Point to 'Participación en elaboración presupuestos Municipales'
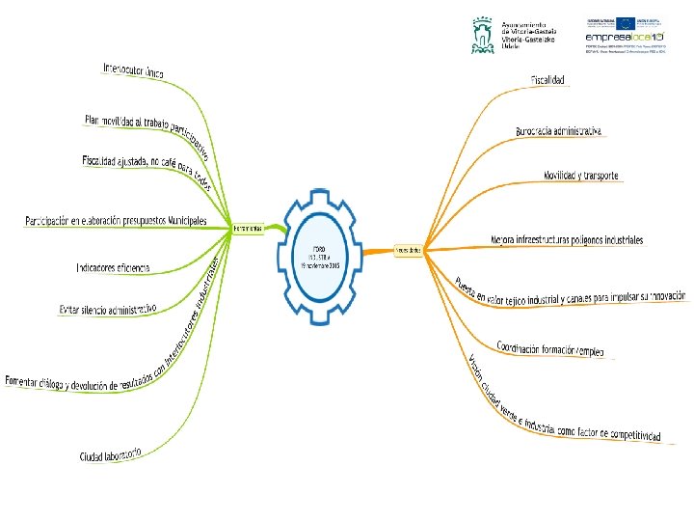tap(116, 221)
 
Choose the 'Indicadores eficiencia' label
tap(113, 266)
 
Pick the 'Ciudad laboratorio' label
tap(111, 453)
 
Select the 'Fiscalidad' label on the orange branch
tap(547, 79)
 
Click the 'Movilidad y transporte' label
tap(581, 177)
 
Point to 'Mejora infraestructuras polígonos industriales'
tap(567, 239)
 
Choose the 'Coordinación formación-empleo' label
tap(550, 348)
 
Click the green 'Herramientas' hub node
tap(249, 229)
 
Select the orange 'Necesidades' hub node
tap(411, 249)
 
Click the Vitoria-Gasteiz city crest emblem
tap(482, 34)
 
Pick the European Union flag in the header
tap(624, 23)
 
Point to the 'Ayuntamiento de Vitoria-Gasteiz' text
tap(529, 33)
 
